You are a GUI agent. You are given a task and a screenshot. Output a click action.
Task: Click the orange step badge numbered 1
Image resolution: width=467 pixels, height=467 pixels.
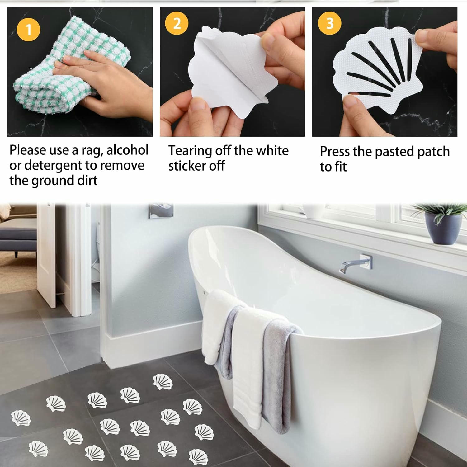click(29, 30)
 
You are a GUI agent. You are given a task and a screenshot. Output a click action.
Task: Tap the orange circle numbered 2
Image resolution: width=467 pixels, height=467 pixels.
click(177, 23)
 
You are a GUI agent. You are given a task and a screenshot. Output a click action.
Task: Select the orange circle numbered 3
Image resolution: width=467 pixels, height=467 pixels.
click(329, 23)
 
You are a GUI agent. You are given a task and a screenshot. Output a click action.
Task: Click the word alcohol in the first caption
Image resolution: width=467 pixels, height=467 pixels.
click(127, 150)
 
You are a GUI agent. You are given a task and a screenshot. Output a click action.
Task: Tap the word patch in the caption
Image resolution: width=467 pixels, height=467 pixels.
click(433, 152)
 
